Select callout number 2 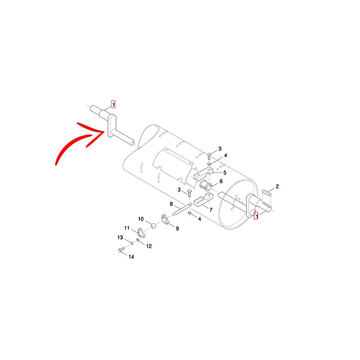pyautogui.click(x=277, y=186)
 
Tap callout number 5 pyautogui.click(x=225, y=173)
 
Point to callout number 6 pyautogui.click(x=221, y=181)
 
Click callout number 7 pyautogui.click(x=211, y=210)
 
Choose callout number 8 pyautogui.click(x=171, y=204)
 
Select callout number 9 pyautogui.click(x=177, y=229)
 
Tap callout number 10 pyautogui.click(x=141, y=219)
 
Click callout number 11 pyautogui.click(x=127, y=228)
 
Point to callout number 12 pyautogui.click(x=149, y=246)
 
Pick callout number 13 pyautogui.click(x=120, y=238)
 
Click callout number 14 pyautogui.click(x=131, y=257)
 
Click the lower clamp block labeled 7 pyautogui.click(x=203, y=200)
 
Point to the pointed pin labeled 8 pyautogui.click(x=182, y=209)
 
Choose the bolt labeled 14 pyautogui.click(x=121, y=250)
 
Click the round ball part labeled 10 pyautogui.click(x=153, y=225)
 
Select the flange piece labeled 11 pyautogui.click(x=141, y=232)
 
